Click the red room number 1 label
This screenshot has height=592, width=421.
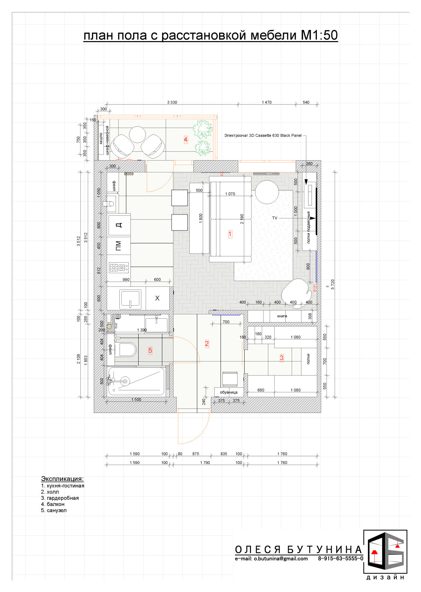tap(230, 234)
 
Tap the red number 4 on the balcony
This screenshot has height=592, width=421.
tap(186, 139)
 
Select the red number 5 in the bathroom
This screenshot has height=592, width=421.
tap(150, 351)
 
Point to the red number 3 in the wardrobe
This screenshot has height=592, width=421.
tap(281, 358)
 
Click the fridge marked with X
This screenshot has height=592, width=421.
tap(158, 298)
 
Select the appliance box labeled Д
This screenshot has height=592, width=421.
tap(119, 225)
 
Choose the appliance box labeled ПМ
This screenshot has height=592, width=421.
tap(119, 246)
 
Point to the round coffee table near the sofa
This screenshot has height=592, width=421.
tap(266, 192)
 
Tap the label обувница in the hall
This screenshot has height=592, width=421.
tap(229, 392)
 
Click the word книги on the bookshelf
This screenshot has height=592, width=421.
tap(282, 316)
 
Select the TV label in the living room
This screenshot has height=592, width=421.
tap(275, 218)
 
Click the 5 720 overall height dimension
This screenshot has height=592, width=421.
tap(333, 285)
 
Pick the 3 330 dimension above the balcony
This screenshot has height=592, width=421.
tap(172, 102)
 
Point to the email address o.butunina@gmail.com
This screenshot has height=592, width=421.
tap(281, 558)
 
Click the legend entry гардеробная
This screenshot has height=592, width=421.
tap(63, 498)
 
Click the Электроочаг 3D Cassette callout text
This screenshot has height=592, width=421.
tap(263, 135)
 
